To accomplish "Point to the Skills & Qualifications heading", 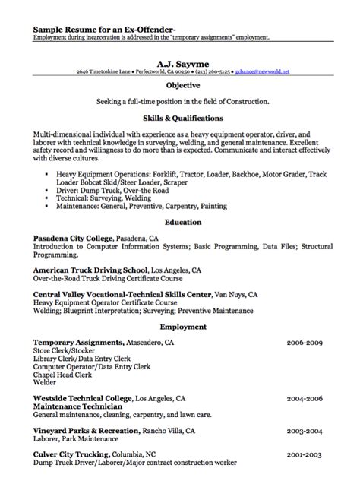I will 182,119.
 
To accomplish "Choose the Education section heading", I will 182,222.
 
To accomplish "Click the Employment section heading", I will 182,327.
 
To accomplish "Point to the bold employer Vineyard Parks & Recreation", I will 93,429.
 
